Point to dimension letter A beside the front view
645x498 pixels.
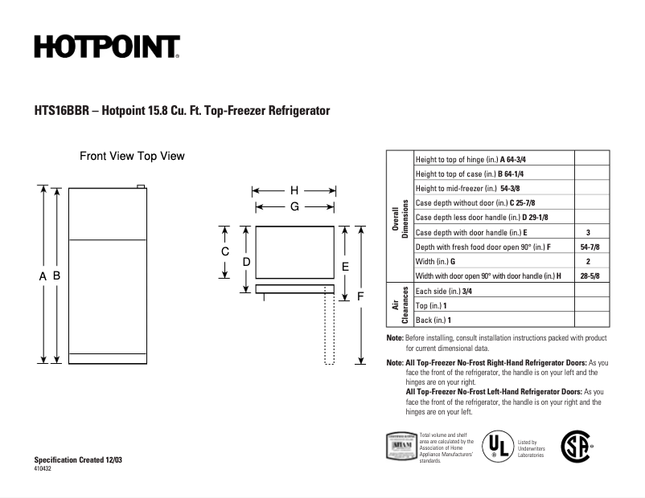[x=42, y=276]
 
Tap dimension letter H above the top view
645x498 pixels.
[x=294, y=191]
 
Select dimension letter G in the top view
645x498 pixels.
[x=294, y=206]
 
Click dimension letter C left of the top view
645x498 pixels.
[x=226, y=251]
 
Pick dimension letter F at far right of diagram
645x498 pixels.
[x=361, y=296]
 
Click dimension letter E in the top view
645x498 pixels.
[x=344, y=266]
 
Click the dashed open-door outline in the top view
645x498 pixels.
[x=329, y=329]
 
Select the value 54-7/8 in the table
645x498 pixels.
[x=589, y=247]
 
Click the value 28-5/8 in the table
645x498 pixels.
[x=589, y=276]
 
